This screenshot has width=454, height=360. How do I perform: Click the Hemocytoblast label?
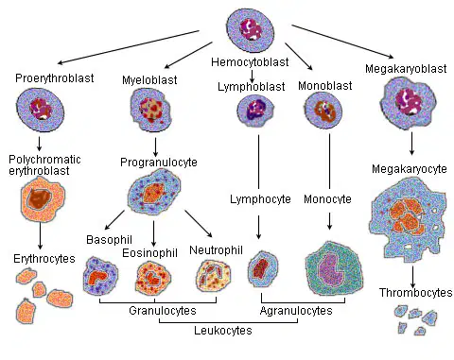[x=250, y=62]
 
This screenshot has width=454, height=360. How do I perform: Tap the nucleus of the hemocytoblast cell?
[x=251, y=29]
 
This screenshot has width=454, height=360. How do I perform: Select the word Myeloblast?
[x=149, y=80]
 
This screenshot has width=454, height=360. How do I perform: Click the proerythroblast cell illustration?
[x=41, y=110]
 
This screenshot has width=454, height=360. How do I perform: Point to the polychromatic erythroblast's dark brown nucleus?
[x=39, y=198]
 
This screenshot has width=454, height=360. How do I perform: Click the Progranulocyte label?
[x=159, y=163]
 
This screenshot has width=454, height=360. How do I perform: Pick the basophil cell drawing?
[x=100, y=276]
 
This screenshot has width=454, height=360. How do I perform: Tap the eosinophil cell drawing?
[x=153, y=278]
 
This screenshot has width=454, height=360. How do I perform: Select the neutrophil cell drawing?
[x=214, y=276]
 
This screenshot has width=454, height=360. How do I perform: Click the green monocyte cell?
[x=334, y=269]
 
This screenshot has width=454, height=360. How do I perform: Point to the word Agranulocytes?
[x=296, y=311]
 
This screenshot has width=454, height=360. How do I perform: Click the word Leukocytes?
[x=223, y=331]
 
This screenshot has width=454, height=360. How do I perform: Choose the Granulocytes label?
[x=163, y=311]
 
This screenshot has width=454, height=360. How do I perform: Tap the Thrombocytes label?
[x=415, y=293]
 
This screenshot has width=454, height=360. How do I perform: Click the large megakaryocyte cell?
[x=409, y=218]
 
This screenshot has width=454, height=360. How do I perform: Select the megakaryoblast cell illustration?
[x=409, y=101]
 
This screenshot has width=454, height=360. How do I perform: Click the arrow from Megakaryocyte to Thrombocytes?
[x=412, y=277]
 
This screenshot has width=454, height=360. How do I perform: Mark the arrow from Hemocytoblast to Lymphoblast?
[x=252, y=76]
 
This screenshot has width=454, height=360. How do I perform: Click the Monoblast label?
[x=324, y=86]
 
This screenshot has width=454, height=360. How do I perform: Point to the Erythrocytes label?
[x=44, y=259]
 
